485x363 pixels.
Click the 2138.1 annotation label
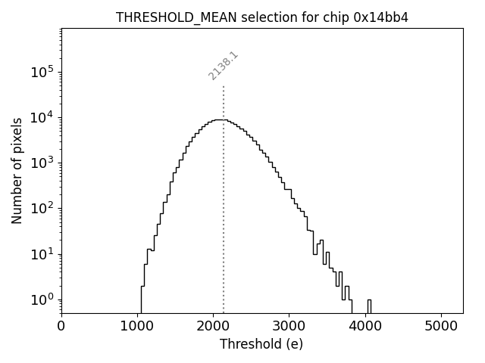(224, 66)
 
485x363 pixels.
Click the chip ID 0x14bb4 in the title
(381, 17)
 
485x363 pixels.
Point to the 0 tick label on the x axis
(61, 326)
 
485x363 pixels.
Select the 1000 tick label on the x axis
(137, 326)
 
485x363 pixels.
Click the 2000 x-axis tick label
(213, 326)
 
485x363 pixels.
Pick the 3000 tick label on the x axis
(289, 326)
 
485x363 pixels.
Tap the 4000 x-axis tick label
(365, 326)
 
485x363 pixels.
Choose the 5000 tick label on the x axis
(441, 326)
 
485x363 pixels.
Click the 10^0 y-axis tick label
(42, 299)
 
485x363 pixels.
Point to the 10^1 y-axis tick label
(42, 254)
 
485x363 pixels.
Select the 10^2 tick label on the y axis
(42, 209)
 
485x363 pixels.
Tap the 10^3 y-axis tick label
(42, 163)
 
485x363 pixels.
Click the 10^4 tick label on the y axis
(42, 117)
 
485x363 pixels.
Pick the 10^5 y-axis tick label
(42, 72)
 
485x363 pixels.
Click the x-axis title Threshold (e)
(261, 344)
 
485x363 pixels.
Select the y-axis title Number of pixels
(17, 170)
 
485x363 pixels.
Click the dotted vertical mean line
(224, 227)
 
